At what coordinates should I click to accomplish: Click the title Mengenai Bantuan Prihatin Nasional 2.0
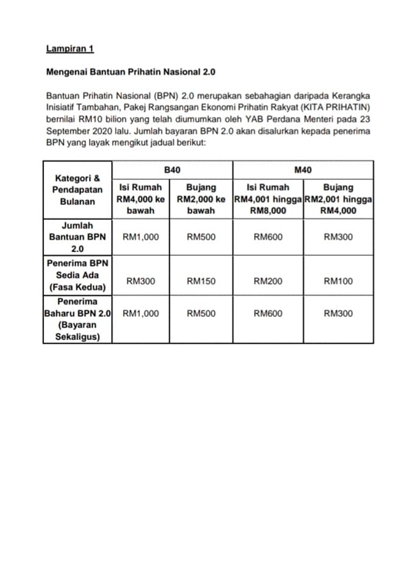click(x=130, y=72)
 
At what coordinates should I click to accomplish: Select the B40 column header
click(x=172, y=169)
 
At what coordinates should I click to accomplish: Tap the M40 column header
click(x=303, y=169)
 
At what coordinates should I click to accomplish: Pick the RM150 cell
click(x=201, y=282)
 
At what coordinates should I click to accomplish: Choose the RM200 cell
click(x=268, y=282)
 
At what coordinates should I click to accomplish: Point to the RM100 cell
click(x=338, y=282)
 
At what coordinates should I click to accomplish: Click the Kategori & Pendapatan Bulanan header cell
click(x=77, y=190)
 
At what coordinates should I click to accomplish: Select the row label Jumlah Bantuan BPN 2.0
click(x=77, y=237)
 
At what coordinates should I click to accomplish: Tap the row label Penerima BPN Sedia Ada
click(x=77, y=275)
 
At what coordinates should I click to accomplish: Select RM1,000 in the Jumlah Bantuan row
click(x=141, y=237)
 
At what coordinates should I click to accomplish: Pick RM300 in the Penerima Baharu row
click(x=338, y=314)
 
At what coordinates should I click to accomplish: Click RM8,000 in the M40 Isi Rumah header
click(x=268, y=211)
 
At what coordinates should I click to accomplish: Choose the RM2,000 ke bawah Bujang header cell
click(x=201, y=199)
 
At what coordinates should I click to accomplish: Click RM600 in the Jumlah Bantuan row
click(x=268, y=237)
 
